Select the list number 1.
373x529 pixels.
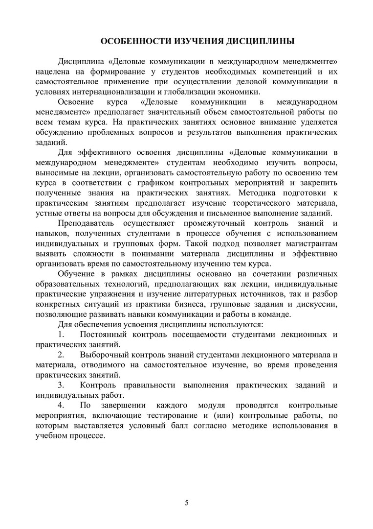pos(61,335)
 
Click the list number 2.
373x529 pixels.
pos(61,355)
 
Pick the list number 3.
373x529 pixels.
pos(61,385)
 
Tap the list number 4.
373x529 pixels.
pos(61,406)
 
